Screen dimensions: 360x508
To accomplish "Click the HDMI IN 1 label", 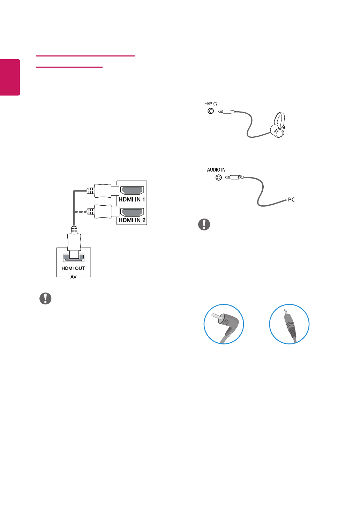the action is click(x=132, y=199).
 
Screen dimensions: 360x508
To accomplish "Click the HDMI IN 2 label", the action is click(x=132, y=220).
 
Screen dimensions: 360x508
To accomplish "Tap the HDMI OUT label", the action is click(x=73, y=268).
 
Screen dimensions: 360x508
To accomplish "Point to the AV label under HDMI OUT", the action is click(x=73, y=277).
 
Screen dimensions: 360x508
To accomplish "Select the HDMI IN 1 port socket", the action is click(x=132, y=191).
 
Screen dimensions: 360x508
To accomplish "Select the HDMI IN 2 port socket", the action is click(x=132, y=212).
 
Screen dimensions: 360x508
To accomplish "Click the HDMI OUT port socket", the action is click(x=73, y=258).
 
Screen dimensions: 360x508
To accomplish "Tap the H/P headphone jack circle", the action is click(x=211, y=112).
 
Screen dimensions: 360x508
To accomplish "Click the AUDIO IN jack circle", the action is click(x=219, y=177).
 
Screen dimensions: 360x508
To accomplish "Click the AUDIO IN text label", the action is click(x=216, y=170).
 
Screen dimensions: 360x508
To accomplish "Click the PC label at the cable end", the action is click(x=291, y=200).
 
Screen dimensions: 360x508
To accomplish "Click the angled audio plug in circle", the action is click(x=224, y=324).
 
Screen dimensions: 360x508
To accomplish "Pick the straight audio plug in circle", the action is click(x=289, y=324).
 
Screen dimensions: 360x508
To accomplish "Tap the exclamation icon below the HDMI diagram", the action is click(x=45, y=298).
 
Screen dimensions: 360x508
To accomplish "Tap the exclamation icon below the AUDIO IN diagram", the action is click(x=204, y=224).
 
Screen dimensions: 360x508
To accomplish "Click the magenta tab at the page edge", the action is click(x=10, y=77).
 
